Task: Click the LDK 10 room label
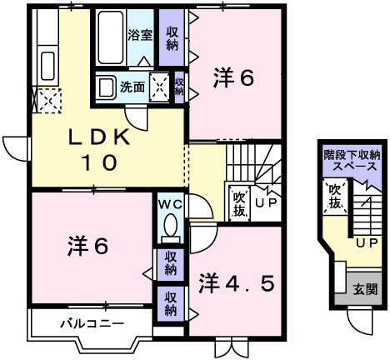tap(99, 149)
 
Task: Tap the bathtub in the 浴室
tap(111, 37)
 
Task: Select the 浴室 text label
tap(140, 35)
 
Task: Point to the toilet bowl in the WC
tap(170, 226)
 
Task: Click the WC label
tap(170, 205)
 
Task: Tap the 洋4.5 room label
tap(237, 283)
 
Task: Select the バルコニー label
tap(92, 323)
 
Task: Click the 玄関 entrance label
tap(365, 290)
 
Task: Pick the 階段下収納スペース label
tap(352, 161)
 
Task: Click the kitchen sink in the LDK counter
tap(47, 66)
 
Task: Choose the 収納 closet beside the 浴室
tap(172, 37)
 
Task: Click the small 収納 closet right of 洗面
tap(179, 87)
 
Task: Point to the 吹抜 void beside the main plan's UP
tap(239, 203)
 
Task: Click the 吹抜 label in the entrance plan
tap(335, 196)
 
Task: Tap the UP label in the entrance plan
tap(367, 243)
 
